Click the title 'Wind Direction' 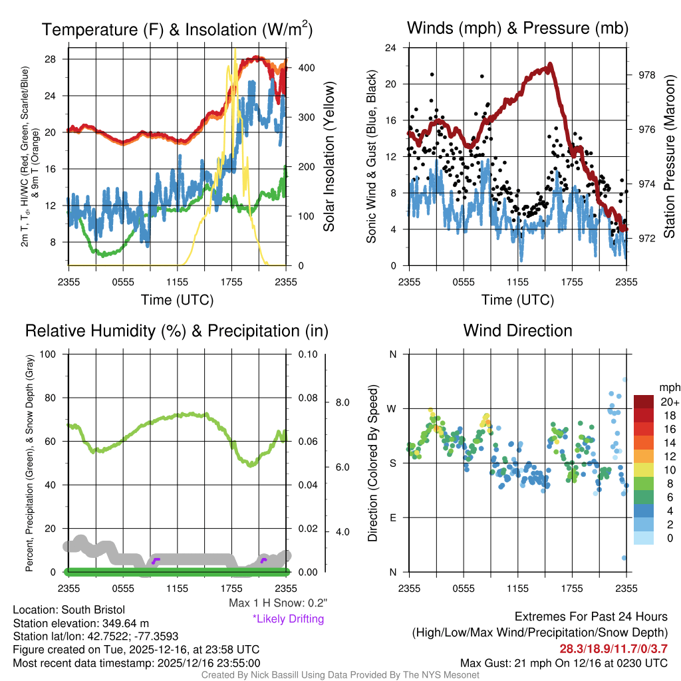pos(517,331)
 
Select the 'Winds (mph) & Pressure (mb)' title pos(517,28)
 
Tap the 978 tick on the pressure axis pos(644,75)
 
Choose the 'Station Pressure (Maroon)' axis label pos(670,157)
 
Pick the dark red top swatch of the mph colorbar pos(644,401)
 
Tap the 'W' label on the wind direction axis pos(392,408)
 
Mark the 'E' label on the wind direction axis pos(393,517)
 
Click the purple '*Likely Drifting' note pos(288,619)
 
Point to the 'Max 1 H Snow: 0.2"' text pos(278,603)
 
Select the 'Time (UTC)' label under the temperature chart pos(178,300)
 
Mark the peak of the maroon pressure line pos(551,65)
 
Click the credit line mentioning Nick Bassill pos(340,675)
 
